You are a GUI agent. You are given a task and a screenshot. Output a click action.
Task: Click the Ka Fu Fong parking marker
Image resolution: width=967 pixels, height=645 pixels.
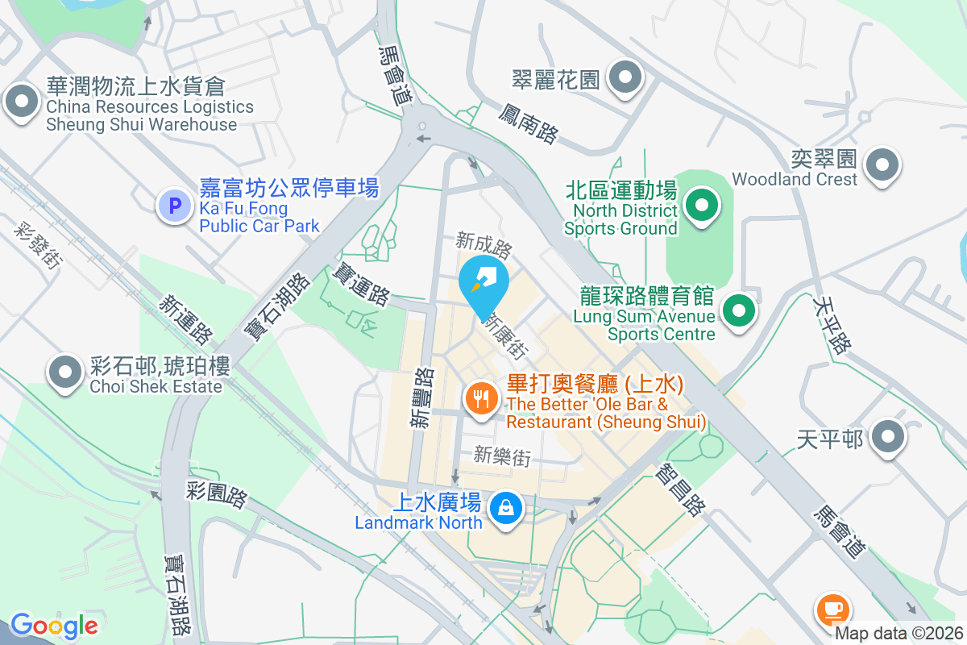coord(173,204)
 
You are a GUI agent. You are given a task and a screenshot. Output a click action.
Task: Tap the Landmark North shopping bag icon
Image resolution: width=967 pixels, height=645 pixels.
coord(505,507)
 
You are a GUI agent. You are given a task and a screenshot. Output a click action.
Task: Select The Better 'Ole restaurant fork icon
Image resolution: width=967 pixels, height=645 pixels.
coord(481,397)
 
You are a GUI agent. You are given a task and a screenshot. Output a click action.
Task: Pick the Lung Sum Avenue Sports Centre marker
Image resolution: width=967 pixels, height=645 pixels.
coord(738,310)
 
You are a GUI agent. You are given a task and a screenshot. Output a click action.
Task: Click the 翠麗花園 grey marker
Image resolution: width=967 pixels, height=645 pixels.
coord(625,78)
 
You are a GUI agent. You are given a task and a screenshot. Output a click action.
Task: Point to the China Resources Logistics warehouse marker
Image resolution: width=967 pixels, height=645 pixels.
coord(22,102)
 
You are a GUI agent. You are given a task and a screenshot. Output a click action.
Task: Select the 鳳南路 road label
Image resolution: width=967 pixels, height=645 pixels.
coord(528,123)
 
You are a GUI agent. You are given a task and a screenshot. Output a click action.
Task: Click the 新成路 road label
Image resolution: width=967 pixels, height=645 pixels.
coord(483,241)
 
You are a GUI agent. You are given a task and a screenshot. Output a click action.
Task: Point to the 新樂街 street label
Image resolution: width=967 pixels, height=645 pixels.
coord(502,456)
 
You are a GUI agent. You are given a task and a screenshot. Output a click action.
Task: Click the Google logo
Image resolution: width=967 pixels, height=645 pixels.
coord(54,626)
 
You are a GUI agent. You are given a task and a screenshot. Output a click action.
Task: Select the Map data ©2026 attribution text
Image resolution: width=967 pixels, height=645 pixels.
coord(898,634)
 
